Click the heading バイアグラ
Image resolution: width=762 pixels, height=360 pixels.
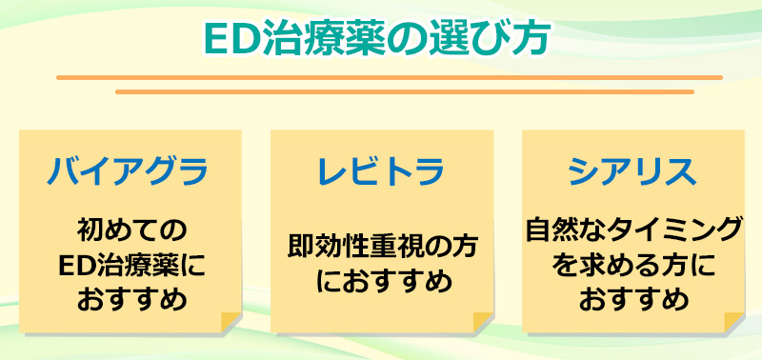pos(129,172)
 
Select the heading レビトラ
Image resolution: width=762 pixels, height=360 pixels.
pos(381,172)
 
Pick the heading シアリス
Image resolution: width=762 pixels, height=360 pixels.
pos(632,172)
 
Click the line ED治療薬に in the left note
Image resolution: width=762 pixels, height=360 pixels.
pos(129,266)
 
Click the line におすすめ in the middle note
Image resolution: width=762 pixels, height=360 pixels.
pos(381,284)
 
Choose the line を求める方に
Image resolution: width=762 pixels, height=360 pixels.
pos(632,266)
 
